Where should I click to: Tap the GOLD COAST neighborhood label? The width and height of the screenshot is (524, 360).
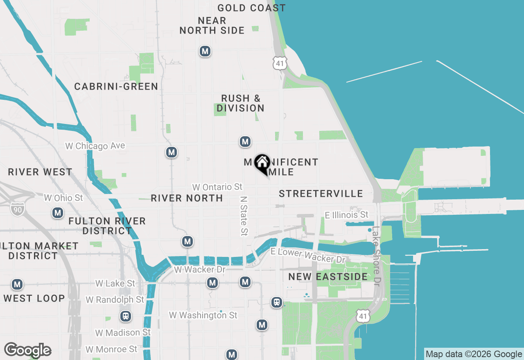(x=251, y=8)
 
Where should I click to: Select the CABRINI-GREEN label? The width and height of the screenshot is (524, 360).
(x=116, y=86)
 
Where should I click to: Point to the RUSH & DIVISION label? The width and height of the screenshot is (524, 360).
(x=240, y=103)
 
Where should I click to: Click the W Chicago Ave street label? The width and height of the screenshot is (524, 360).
(x=95, y=146)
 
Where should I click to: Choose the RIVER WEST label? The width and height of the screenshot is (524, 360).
(x=40, y=172)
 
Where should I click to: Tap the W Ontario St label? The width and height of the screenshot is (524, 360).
(x=217, y=187)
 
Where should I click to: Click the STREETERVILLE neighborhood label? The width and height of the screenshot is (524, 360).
(x=321, y=193)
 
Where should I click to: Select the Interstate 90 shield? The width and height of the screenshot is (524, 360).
(x=18, y=208)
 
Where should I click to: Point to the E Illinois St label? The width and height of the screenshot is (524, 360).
(x=346, y=215)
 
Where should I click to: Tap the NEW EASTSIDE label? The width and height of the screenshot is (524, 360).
(x=328, y=277)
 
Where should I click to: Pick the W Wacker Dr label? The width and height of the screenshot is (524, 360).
(x=200, y=270)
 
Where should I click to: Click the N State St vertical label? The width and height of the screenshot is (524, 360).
(x=244, y=216)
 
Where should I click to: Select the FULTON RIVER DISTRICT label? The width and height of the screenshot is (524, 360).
(x=107, y=226)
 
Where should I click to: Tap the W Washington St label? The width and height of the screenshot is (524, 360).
(x=203, y=315)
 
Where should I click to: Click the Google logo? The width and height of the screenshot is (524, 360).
(x=27, y=351)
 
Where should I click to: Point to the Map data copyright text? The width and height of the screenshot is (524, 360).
(x=474, y=354)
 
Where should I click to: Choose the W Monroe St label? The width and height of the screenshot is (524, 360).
(x=111, y=349)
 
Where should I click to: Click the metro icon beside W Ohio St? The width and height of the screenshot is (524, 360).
(x=58, y=213)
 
